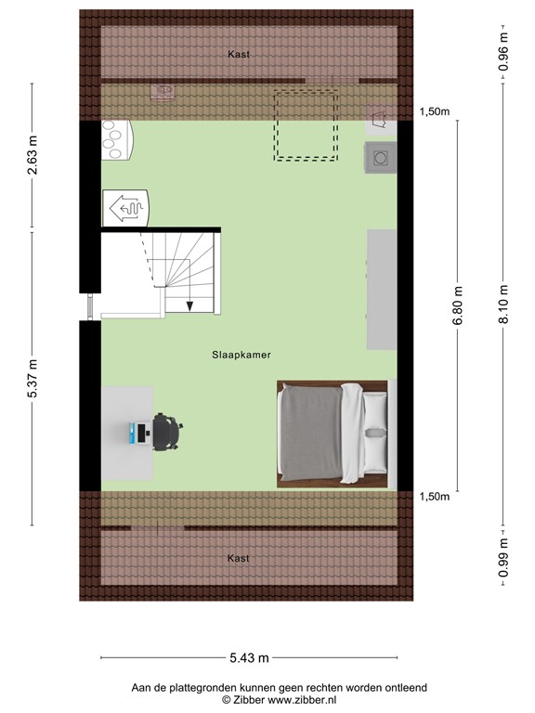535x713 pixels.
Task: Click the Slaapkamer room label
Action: pyautogui.click(x=240, y=354)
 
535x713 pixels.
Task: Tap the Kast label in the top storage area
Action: pyautogui.click(x=239, y=55)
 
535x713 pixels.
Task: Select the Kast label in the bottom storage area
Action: pyautogui.click(x=239, y=558)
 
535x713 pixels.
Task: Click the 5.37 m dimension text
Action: pyautogui.click(x=33, y=378)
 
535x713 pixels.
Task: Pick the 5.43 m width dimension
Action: pyautogui.click(x=250, y=658)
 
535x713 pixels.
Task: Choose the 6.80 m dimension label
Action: pyautogui.click(x=457, y=305)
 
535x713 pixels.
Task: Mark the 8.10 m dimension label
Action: pyautogui.click(x=503, y=305)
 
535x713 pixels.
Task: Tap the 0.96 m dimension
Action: pyautogui.click(x=503, y=52)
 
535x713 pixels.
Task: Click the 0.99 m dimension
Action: pyautogui.click(x=503, y=560)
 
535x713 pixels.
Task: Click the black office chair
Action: pyautogui.click(x=167, y=432)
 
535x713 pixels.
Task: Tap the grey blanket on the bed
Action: pyautogui.click(x=311, y=433)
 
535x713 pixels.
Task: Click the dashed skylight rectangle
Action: pyautogui.click(x=305, y=124)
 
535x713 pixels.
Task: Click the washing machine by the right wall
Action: pyautogui.click(x=381, y=158)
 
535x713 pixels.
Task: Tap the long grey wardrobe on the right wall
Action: pyautogui.click(x=382, y=289)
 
